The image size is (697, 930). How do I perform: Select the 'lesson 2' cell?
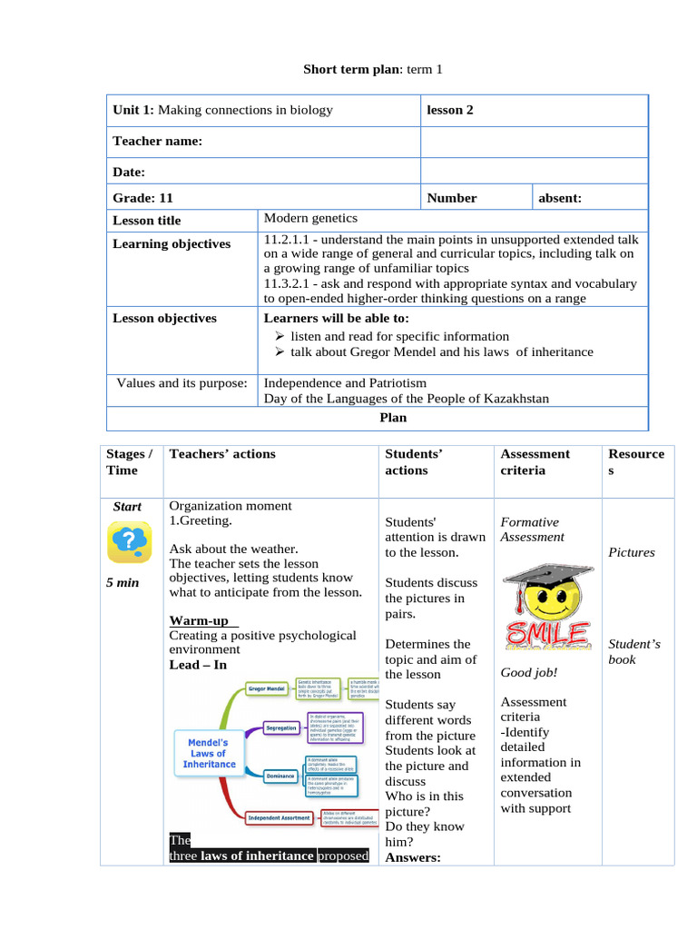point(450,110)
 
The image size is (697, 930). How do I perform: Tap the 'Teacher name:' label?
point(157,141)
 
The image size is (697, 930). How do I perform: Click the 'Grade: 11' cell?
point(142,197)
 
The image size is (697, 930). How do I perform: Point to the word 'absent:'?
point(560,197)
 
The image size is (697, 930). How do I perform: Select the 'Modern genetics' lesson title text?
point(310,218)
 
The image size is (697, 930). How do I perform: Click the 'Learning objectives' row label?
point(172,243)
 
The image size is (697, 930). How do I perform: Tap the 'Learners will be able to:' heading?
point(336,318)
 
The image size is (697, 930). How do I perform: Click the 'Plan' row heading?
point(392,418)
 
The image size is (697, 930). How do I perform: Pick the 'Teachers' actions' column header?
point(222,453)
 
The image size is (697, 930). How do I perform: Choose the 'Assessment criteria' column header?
point(535,461)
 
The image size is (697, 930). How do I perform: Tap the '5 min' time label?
point(122,582)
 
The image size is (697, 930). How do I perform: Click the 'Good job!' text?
point(528,672)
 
